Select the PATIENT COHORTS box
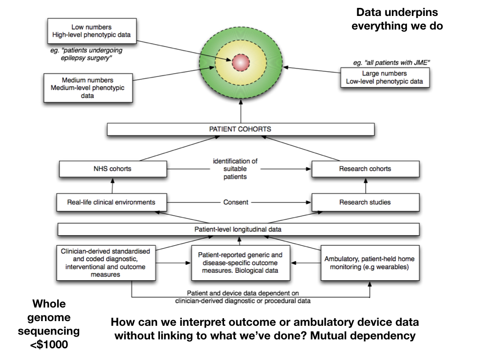pos(240,129)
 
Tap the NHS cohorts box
pos(112,169)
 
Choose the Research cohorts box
pos(365,169)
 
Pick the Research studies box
pos(365,202)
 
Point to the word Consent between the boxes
pos(236,202)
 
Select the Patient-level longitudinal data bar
pos(238,229)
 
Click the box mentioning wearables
pos(369,263)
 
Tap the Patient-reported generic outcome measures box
pos(240,263)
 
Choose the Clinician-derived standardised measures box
pos(105,263)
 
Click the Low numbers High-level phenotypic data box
pos(92,31)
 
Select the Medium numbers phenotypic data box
pos(88,88)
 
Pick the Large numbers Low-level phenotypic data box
pos(384,77)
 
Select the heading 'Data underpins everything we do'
pos(397,19)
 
